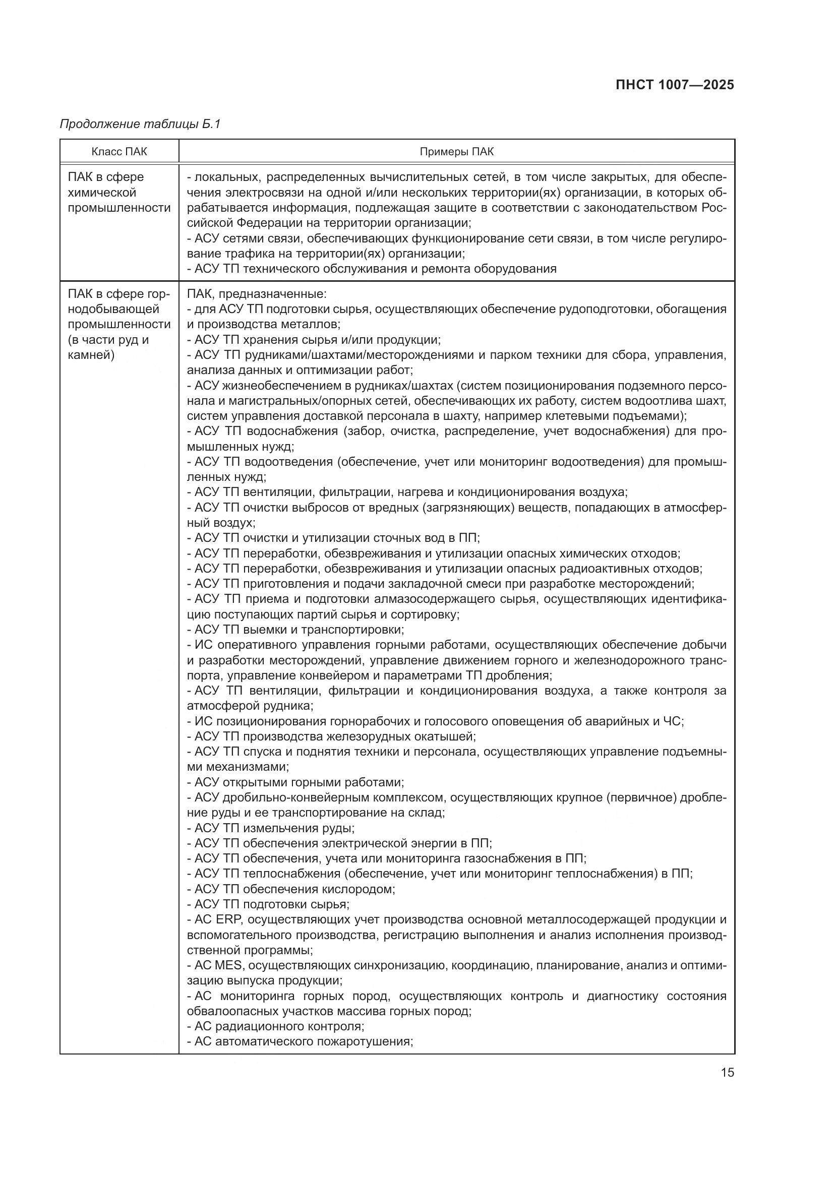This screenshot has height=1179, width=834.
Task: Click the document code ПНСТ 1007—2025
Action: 674,85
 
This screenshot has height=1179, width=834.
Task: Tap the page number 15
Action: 727,1072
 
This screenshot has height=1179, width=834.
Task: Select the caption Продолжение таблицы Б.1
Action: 140,124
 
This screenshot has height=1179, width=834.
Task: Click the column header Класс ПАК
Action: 119,152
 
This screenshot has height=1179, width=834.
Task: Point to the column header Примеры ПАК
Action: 456,152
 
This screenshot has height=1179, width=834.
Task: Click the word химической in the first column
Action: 102,193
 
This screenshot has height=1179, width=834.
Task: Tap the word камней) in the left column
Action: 91,355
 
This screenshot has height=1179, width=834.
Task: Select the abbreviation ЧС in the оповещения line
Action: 672,721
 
